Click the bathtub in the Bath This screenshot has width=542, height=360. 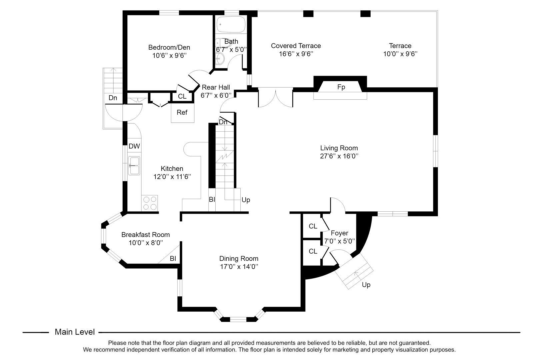(x=231, y=24)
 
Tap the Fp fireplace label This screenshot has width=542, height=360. (x=341, y=87)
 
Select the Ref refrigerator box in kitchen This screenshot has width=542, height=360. (x=182, y=113)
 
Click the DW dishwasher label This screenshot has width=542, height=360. (x=134, y=146)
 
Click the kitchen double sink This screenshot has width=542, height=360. (x=135, y=166)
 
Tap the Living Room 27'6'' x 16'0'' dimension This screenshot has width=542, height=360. (x=339, y=156)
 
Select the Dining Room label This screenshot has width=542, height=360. (x=239, y=258)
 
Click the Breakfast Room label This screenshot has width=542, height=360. (x=145, y=235)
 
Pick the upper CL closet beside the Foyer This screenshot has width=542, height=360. (x=313, y=226)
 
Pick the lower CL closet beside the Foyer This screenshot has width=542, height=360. (x=313, y=251)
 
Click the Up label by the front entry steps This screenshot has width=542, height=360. (x=366, y=285)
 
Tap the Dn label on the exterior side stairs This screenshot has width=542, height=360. (x=113, y=98)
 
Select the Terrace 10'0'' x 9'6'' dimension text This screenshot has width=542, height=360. (x=400, y=54)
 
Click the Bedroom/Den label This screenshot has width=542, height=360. (x=169, y=47)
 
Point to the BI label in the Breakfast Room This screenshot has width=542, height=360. (x=173, y=258)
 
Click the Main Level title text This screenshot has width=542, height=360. (x=75, y=332)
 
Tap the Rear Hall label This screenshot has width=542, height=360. (x=216, y=87)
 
